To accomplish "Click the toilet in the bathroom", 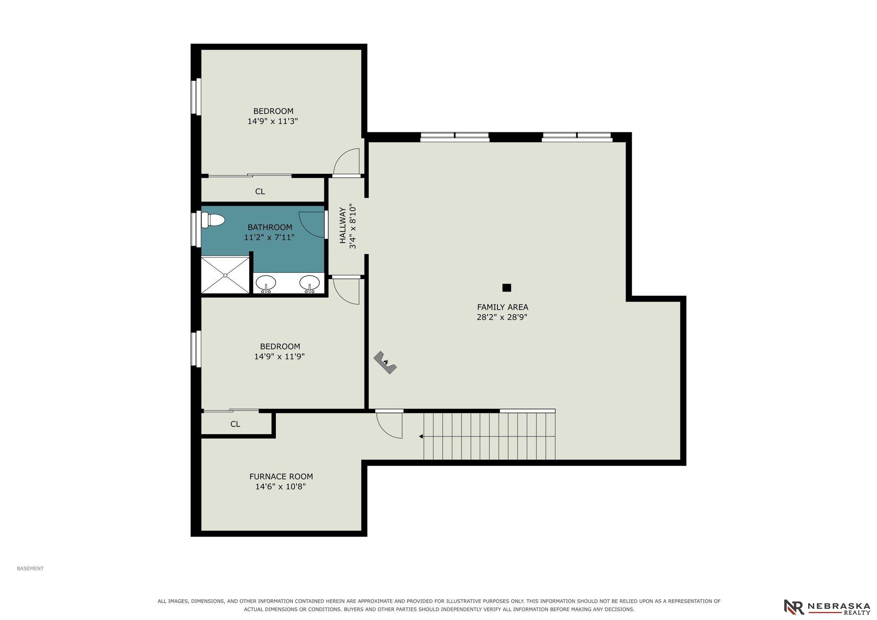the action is [213, 221].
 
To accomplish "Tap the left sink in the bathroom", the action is [266, 284].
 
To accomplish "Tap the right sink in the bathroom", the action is [309, 284].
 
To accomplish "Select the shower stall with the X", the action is [225, 275].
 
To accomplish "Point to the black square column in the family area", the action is [506, 288].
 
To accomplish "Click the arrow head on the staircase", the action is [421, 436].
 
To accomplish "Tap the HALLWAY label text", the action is [343, 225].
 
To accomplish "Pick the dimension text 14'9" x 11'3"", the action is [273, 121].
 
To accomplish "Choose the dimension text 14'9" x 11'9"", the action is [280, 357].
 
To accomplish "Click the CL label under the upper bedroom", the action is [260, 191].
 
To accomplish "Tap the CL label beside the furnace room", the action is [235, 424].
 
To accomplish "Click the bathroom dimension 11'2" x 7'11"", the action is [269, 237].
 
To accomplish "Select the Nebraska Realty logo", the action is [827, 607].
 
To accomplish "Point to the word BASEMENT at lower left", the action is [30, 568].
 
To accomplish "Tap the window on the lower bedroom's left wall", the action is [196, 349].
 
